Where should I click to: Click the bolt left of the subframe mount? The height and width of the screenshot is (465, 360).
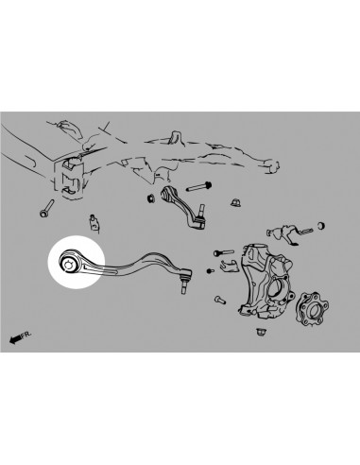pyautogui.click(x=43, y=211)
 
